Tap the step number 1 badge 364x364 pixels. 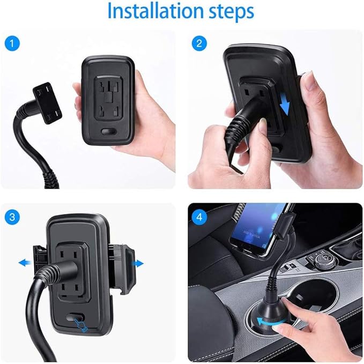pyautogui.click(x=12, y=43)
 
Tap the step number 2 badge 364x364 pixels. pyautogui.click(x=199, y=43)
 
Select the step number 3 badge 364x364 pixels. pyautogui.click(x=12, y=217)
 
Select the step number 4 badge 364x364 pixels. pyautogui.click(x=199, y=217)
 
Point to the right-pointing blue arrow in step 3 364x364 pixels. pyautogui.click(x=138, y=263)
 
